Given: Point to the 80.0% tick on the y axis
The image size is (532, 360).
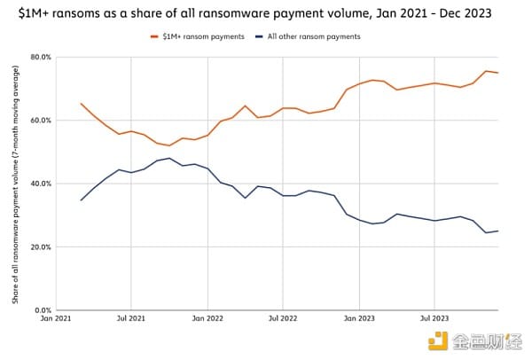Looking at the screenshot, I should (40, 57).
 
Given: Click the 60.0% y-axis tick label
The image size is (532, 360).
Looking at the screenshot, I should (40, 120).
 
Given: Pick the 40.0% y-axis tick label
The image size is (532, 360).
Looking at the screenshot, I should (40, 184).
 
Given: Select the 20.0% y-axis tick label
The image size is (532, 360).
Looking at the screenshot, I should (40, 247).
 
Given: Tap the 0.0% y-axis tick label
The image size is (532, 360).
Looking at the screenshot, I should (42, 310).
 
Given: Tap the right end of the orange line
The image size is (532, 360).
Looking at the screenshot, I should (497, 73).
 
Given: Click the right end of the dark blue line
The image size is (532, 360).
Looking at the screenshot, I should (497, 231).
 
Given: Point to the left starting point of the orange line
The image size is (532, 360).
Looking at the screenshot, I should (81, 104).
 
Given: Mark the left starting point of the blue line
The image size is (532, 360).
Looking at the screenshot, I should (81, 200).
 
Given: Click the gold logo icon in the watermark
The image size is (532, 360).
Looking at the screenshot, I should (437, 340).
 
